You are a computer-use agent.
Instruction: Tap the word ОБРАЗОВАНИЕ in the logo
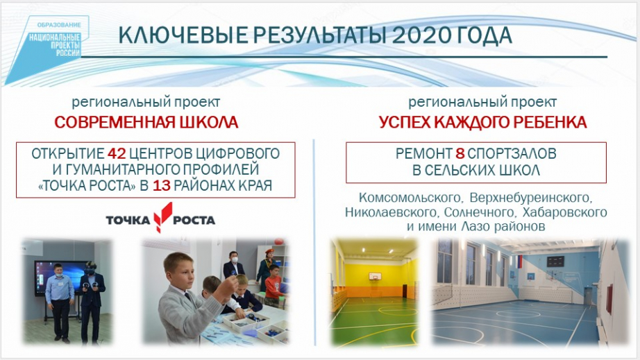pyautogui.click(x=59, y=25)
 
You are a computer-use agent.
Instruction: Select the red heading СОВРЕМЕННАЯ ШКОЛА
pyautogui.click(x=146, y=122)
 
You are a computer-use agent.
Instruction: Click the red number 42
pyautogui.click(x=117, y=154)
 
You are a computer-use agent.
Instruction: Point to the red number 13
pyautogui.click(x=162, y=186)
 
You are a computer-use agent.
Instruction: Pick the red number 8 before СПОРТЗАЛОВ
pyautogui.click(x=460, y=154)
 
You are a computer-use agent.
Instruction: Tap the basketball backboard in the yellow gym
pyautogui.click(x=375, y=277)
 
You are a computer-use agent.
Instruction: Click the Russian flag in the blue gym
pyautogui.click(x=520, y=262)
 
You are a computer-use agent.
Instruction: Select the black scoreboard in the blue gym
pyautogui.click(x=555, y=262)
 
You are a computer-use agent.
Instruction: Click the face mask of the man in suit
pyautogui.click(x=234, y=259)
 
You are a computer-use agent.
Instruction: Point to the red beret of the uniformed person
pyautogui.click(x=270, y=250)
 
